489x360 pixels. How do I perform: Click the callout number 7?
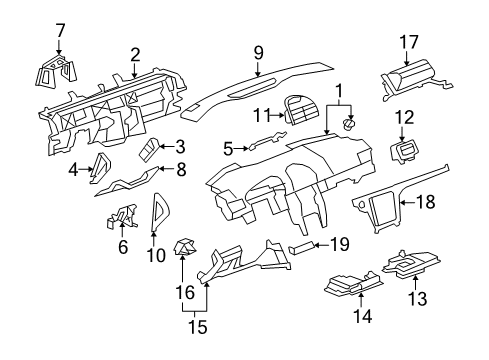[60, 29]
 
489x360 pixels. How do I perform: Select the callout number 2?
[134, 55]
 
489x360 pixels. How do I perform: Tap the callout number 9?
[258, 50]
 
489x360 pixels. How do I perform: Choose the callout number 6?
[122, 247]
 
